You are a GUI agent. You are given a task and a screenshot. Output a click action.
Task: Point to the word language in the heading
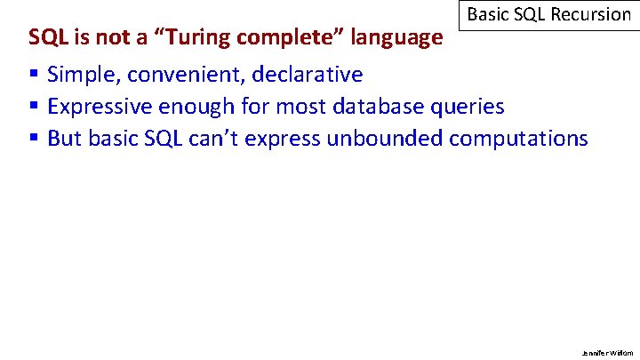(x=397, y=38)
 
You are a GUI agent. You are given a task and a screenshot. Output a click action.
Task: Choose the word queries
(x=468, y=108)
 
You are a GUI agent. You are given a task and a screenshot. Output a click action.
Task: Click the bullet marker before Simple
(x=33, y=75)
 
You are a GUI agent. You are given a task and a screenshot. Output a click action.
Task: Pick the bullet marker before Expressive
(x=33, y=107)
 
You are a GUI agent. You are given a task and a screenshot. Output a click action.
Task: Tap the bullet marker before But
(x=33, y=139)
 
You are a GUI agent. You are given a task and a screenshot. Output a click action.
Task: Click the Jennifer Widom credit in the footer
(x=608, y=352)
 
